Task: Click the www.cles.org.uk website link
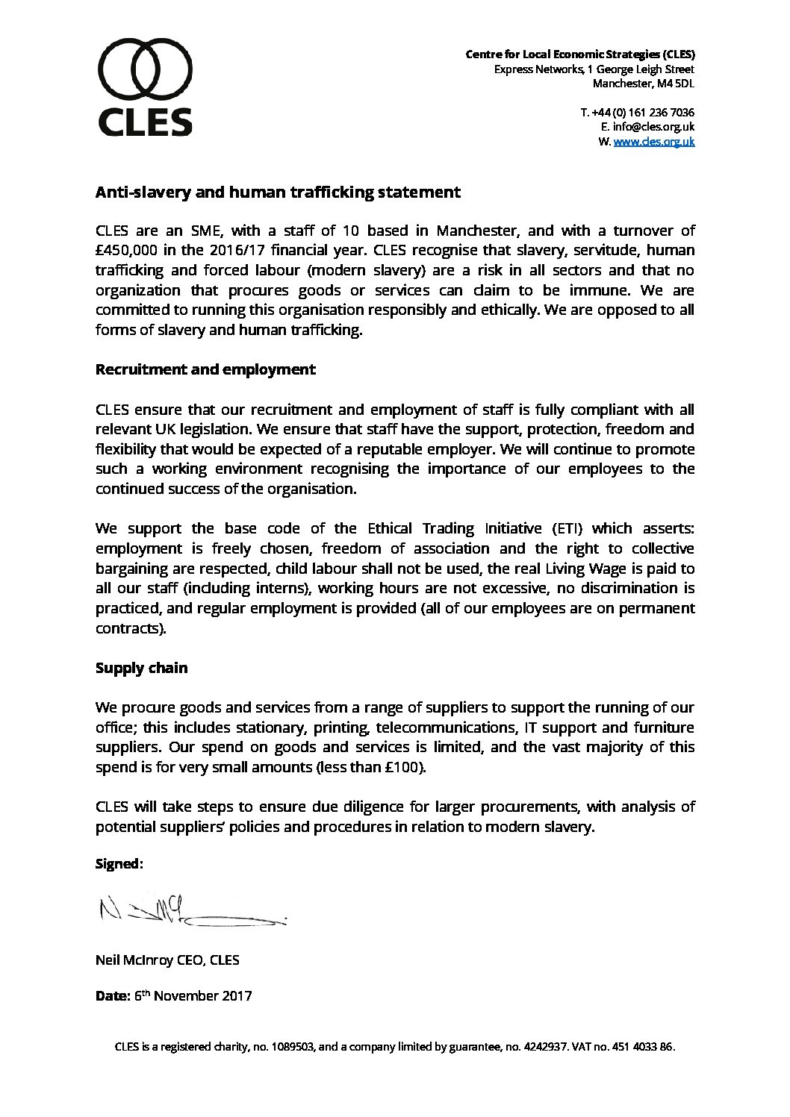(x=653, y=141)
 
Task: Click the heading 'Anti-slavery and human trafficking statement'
(x=278, y=193)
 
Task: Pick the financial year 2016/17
(x=240, y=251)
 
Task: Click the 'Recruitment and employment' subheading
(x=205, y=369)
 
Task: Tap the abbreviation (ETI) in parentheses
(x=567, y=529)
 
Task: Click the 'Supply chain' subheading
(x=141, y=669)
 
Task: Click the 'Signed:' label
(x=119, y=864)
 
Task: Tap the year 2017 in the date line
(x=236, y=996)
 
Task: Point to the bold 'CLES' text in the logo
(x=146, y=122)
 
